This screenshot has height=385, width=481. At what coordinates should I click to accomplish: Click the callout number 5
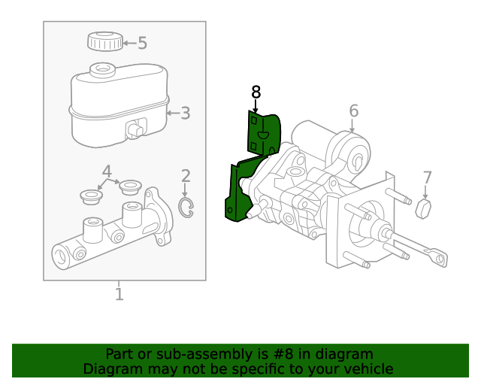[142, 44]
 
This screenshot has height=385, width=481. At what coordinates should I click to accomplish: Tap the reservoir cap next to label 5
[104, 41]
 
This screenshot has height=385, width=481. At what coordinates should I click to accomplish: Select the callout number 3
[185, 114]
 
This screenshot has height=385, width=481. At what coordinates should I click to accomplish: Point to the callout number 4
[107, 171]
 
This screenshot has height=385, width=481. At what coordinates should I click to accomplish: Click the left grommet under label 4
[91, 197]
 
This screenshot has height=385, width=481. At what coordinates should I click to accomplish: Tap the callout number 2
[186, 177]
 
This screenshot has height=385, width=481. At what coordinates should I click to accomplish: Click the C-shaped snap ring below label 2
[186, 208]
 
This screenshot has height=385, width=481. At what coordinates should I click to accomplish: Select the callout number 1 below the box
[119, 293]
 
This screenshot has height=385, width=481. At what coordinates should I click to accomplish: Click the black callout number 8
[256, 92]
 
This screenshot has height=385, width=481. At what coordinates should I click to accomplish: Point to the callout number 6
[353, 112]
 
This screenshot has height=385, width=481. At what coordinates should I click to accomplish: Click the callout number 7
[427, 178]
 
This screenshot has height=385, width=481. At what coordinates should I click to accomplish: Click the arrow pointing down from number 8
[256, 107]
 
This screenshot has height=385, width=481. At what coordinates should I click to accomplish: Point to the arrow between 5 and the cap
[129, 44]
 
